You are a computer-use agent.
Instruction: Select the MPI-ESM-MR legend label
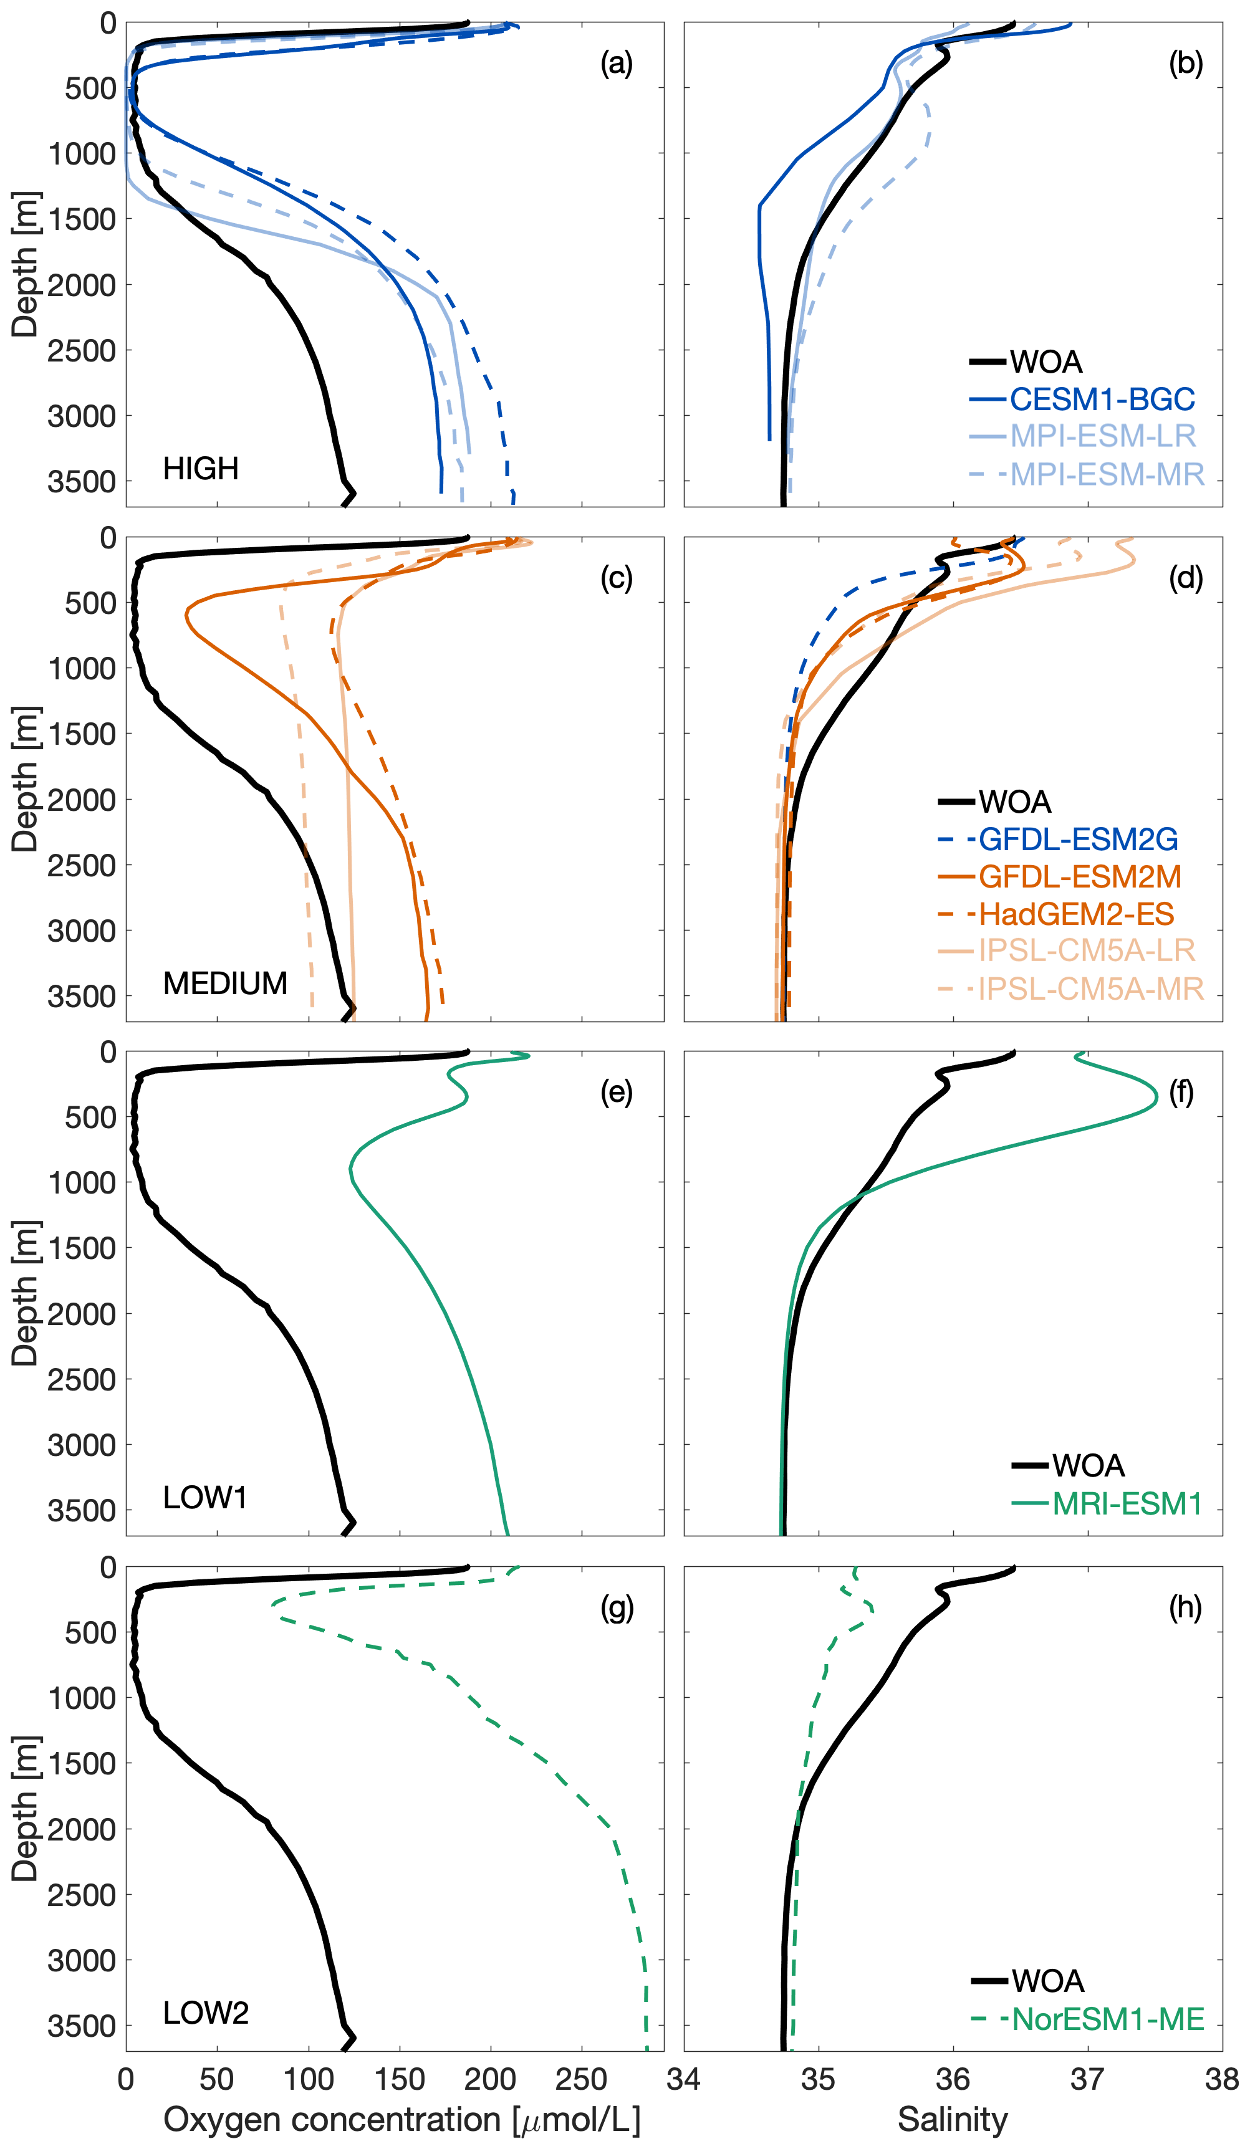pos(1107,474)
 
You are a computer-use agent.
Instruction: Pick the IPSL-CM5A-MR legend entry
pos(1090,988)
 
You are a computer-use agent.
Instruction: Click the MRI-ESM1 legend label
pos(1127,1503)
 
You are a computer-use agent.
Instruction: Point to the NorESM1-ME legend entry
pos(1107,2019)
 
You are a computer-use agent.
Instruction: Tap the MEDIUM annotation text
pos(225,984)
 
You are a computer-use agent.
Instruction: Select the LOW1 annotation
pos(204,1498)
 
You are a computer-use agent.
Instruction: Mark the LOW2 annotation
pos(206,2013)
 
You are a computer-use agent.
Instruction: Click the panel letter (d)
pos(1185,578)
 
